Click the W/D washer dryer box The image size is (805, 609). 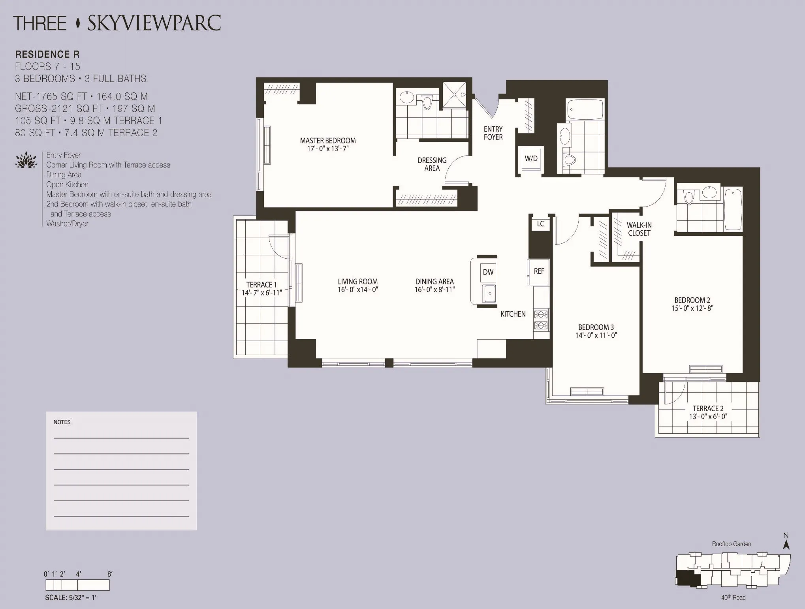pyautogui.click(x=531, y=159)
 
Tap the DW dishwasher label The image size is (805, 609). pyautogui.click(x=488, y=272)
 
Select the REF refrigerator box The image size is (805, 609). pyautogui.click(x=539, y=271)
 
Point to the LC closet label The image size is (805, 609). pyautogui.click(x=540, y=224)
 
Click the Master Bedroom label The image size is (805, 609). pyautogui.click(x=327, y=141)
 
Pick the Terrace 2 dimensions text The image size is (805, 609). pyautogui.click(x=708, y=417)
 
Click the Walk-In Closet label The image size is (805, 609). pyautogui.click(x=639, y=229)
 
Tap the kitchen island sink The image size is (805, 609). pyautogui.click(x=489, y=293)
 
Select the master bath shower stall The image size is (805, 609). pyautogui.click(x=454, y=95)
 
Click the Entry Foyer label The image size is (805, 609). pyautogui.click(x=493, y=133)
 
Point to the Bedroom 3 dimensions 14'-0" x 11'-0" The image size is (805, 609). pyautogui.click(x=596, y=335)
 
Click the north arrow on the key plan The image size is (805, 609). pyautogui.click(x=786, y=544)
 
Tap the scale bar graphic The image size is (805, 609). pyautogui.click(x=77, y=585)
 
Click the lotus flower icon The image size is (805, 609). pyautogui.click(x=26, y=160)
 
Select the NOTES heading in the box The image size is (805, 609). pyautogui.click(x=62, y=422)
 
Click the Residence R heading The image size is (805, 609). pyautogui.click(x=47, y=54)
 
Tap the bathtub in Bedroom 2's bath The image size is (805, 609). pyautogui.click(x=733, y=209)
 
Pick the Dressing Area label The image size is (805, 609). pyautogui.click(x=432, y=164)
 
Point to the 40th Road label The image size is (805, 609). pyautogui.click(x=733, y=598)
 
